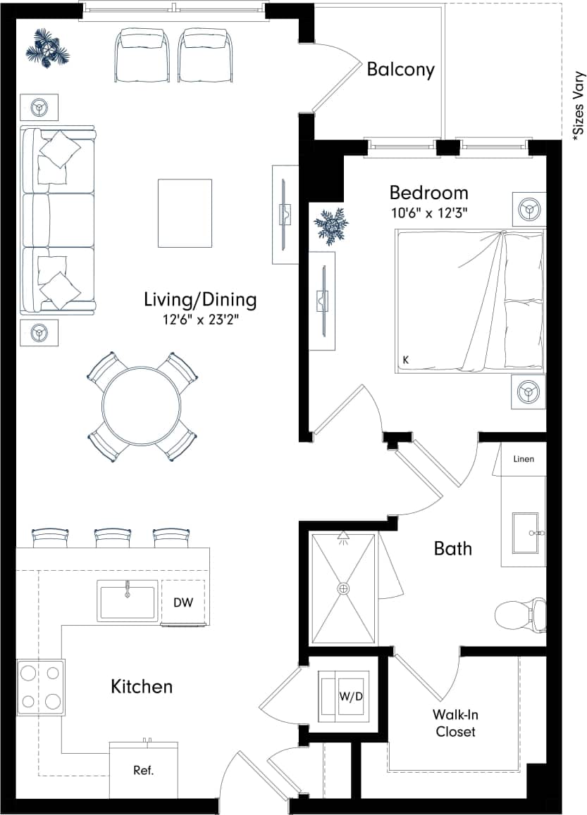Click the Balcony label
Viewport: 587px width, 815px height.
click(400, 70)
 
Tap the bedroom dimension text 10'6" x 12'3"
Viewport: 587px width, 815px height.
click(429, 212)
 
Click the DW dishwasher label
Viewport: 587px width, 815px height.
click(183, 602)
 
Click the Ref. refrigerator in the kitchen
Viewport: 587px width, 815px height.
click(143, 769)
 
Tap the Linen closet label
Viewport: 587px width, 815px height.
click(524, 459)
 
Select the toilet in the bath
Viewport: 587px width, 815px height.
click(521, 615)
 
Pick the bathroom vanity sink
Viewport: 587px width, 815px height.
click(525, 533)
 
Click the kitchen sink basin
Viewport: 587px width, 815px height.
click(128, 601)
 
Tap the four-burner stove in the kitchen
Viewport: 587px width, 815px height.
click(41, 687)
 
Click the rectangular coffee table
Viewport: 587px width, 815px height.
click(185, 213)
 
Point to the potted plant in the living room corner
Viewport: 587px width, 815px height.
click(47, 50)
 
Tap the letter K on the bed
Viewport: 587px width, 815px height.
click(406, 360)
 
